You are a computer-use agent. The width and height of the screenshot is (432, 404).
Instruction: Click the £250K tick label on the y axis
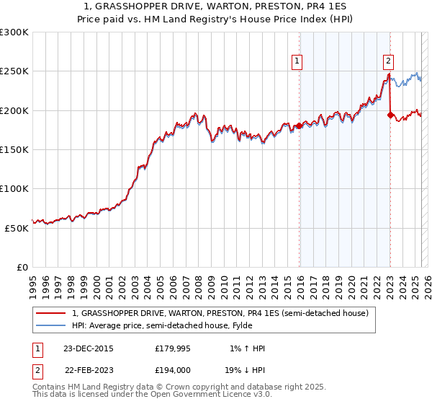click(14, 71)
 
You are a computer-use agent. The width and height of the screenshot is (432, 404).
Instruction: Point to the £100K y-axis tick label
click(14, 188)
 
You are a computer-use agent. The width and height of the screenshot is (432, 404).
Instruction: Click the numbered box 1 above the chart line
click(297, 62)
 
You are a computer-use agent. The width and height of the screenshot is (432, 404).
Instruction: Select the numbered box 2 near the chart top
click(388, 62)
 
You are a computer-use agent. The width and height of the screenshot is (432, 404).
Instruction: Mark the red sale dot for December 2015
click(299, 126)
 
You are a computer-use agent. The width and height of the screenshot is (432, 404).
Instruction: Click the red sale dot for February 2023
click(390, 115)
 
